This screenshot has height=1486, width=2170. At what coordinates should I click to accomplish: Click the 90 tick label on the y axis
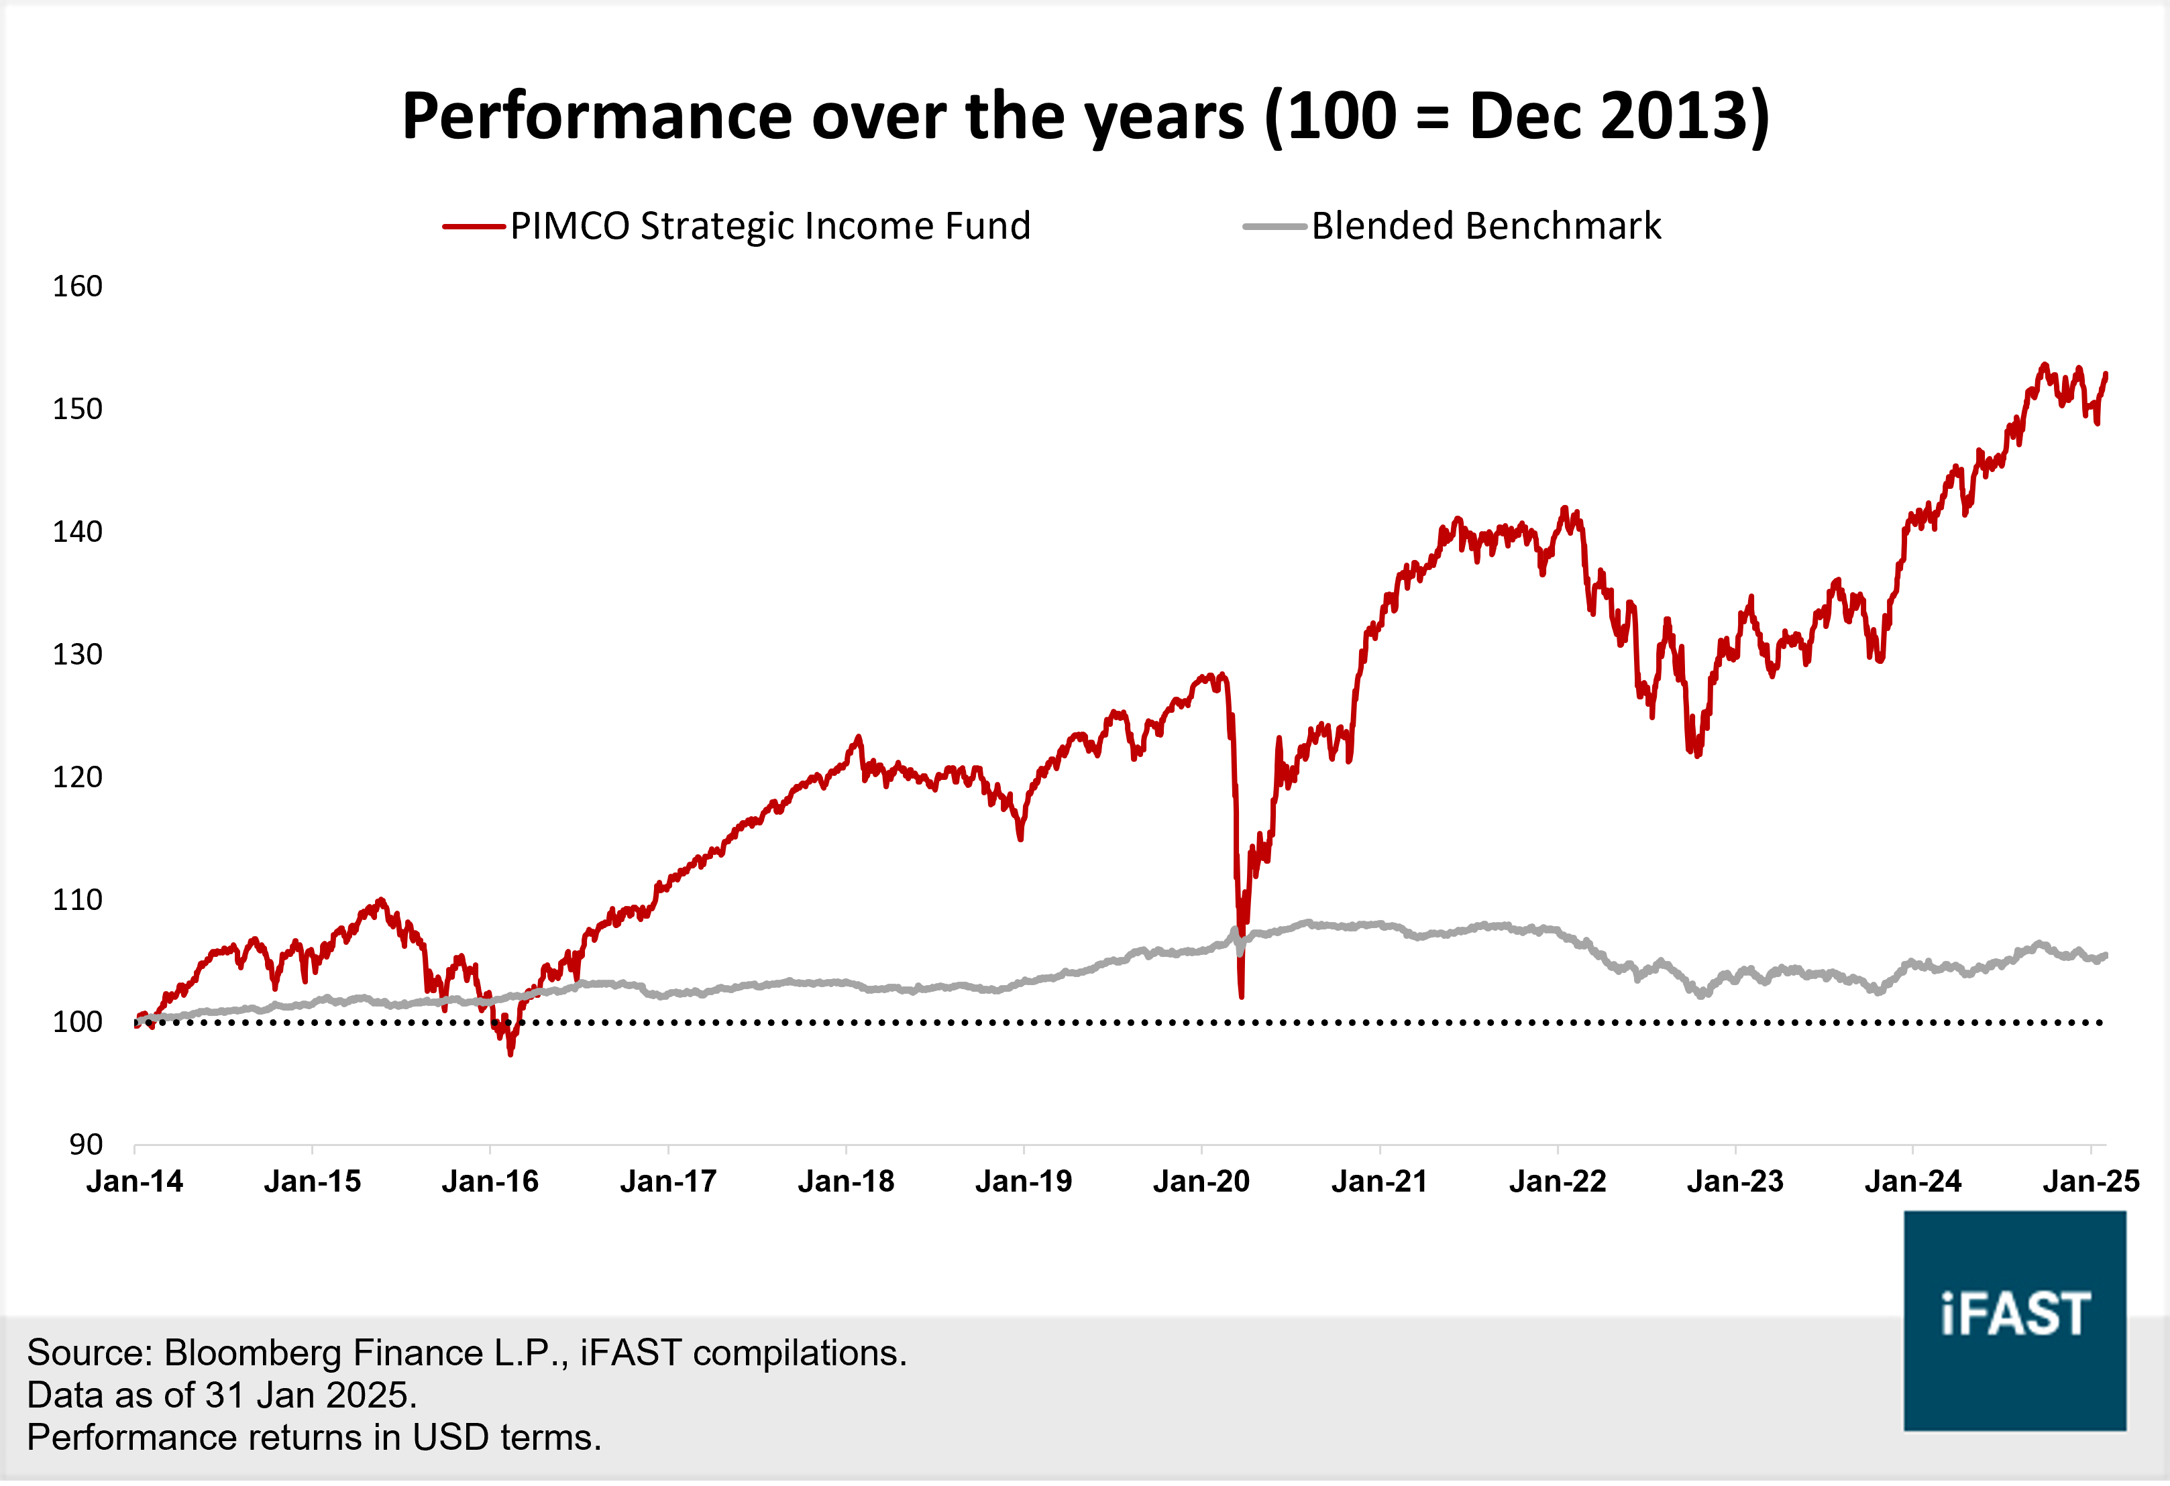tap(86, 1145)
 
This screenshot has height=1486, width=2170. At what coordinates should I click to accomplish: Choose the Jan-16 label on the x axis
tap(490, 1182)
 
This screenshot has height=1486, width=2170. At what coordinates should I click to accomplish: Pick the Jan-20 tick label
tap(1201, 1182)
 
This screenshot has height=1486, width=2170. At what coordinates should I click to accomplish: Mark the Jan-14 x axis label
tap(135, 1182)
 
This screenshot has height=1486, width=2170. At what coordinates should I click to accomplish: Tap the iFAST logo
tap(2015, 1319)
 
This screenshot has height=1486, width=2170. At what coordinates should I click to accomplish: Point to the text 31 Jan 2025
tap(311, 1395)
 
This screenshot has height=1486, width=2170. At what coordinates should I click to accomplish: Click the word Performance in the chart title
tap(598, 116)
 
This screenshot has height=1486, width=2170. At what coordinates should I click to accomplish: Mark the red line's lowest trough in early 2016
tap(510, 1054)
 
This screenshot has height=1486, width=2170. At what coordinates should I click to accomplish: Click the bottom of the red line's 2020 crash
tap(1241, 996)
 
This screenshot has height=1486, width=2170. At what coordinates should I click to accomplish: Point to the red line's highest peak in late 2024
tap(2045, 365)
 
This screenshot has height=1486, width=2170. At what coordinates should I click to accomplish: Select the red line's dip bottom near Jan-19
tap(1020, 838)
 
